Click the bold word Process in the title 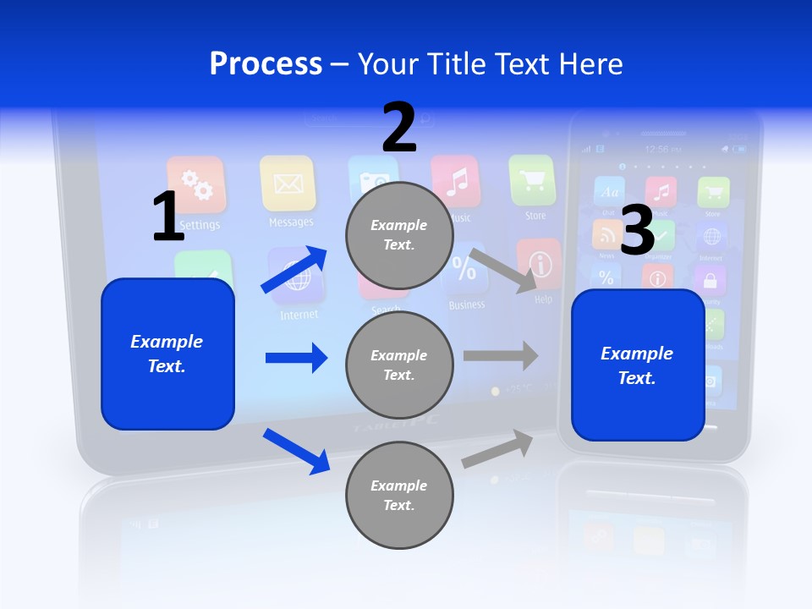tap(266, 63)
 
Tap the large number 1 tap(168, 217)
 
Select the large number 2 tap(399, 127)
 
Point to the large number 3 tap(638, 230)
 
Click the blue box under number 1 tap(167, 354)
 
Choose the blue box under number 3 tap(638, 365)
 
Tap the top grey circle tap(399, 235)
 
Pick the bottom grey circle tap(399, 496)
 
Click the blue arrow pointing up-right tap(294, 269)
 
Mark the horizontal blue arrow tap(296, 358)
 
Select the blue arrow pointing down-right tap(296, 451)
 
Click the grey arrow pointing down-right tap(503, 270)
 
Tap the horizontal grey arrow tap(501, 356)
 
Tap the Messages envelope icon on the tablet tap(288, 183)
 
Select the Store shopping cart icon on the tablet tap(532, 180)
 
